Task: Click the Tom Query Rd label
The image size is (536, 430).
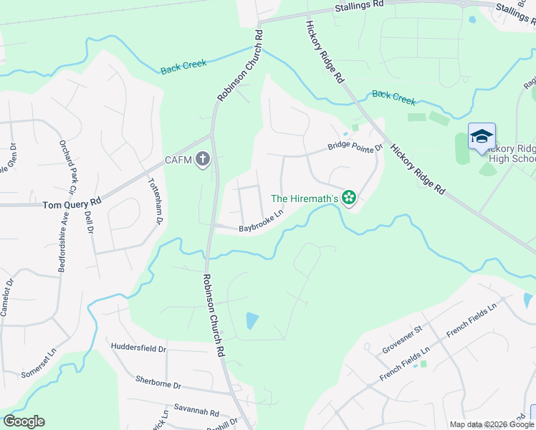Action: (x=71, y=204)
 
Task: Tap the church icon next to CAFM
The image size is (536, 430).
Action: (x=203, y=159)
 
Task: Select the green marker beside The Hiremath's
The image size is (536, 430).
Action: (x=349, y=197)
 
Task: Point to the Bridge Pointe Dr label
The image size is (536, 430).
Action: (x=355, y=147)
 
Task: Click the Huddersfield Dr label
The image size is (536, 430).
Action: (x=138, y=348)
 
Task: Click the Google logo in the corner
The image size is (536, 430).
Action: (x=24, y=421)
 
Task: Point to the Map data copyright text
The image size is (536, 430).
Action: (x=492, y=425)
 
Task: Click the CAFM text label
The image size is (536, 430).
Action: (x=178, y=160)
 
